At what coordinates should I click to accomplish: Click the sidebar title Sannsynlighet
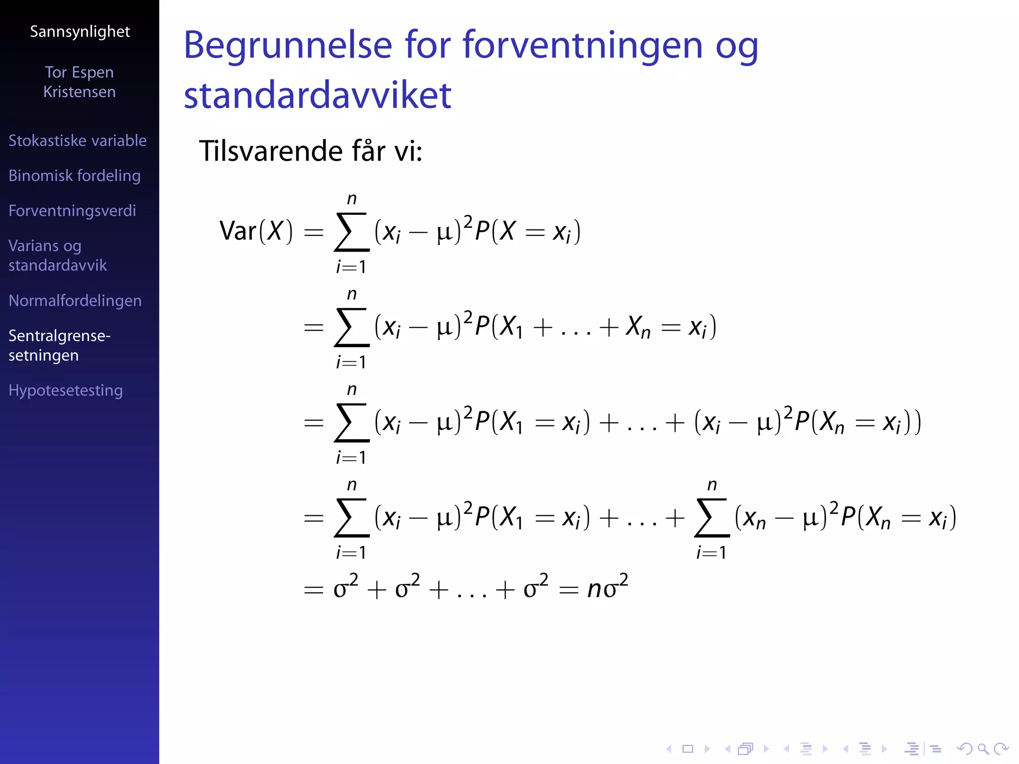click(x=80, y=32)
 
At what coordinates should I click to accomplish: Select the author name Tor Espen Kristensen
click(x=80, y=82)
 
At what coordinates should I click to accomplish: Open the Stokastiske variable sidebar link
click(x=78, y=141)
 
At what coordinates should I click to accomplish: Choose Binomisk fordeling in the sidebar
click(x=75, y=176)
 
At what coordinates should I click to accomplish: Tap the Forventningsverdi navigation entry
click(x=72, y=211)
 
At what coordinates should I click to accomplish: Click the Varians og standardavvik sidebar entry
click(x=58, y=256)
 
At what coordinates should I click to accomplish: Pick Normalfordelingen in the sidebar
click(x=75, y=301)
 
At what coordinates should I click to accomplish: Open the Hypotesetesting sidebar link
click(x=66, y=390)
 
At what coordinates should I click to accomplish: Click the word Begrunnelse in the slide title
click(x=288, y=45)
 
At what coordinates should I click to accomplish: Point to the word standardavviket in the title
click(x=317, y=95)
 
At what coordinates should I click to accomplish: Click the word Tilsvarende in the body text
click(x=271, y=151)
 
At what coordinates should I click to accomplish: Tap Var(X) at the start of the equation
click(x=256, y=231)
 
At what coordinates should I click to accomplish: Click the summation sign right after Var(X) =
click(x=352, y=232)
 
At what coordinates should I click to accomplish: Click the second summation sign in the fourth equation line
click(x=712, y=518)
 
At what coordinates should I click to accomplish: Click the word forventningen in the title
click(x=582, y=45)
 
